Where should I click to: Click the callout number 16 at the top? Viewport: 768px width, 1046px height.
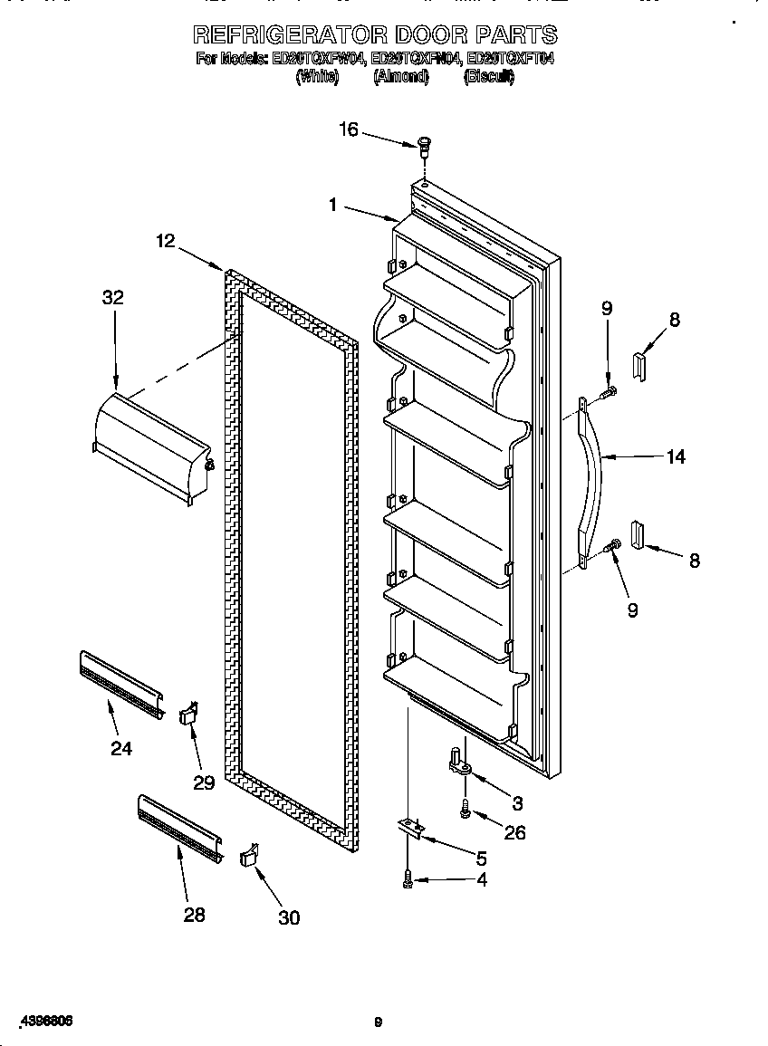[x=349, y=130]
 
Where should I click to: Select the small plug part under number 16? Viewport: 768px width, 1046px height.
[x=423, y=143]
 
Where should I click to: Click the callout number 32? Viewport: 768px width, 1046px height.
[x=112, y=298]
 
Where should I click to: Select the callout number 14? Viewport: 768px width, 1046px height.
[x=676, y=457]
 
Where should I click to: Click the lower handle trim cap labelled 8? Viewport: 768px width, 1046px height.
[x=637, y=535]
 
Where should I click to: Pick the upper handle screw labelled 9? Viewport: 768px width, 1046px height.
[x=608, y=391]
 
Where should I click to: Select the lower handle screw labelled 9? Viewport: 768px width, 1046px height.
[x=611, y=545]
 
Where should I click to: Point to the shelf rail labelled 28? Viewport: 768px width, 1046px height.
[x=179, y=828]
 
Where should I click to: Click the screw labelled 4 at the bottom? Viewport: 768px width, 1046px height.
[x=408, y=878]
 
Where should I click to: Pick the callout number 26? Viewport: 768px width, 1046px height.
[x=514, y=832]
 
